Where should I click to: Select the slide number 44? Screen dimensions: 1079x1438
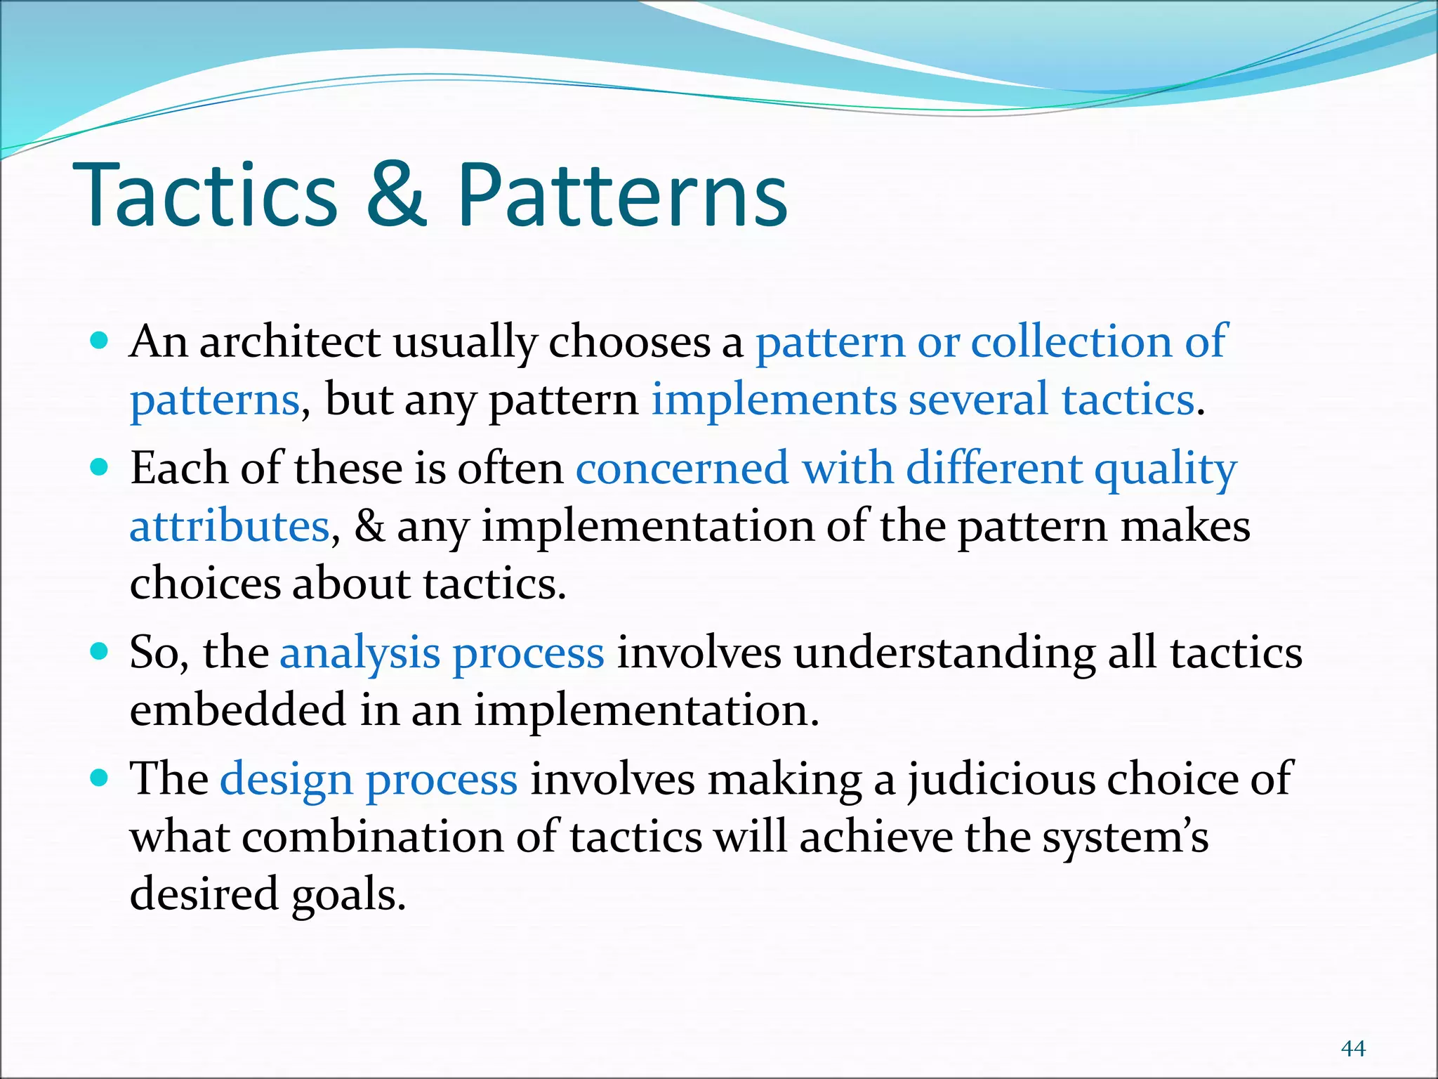tap(1353, 1048)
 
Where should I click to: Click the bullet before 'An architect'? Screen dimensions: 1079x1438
tap(100, 341)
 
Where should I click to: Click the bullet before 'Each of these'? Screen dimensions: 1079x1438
tap(100, 468)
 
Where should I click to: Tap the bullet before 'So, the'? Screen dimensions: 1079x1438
tap(100, 652)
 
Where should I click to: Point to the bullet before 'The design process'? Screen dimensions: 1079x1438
tap(100, 778)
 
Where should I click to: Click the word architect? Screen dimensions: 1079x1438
tap(290, 342)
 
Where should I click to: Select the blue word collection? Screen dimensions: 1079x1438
tap(1071, 342)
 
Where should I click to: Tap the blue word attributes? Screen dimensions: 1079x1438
tap(230, 526)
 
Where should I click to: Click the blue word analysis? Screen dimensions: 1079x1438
tap(359, 653)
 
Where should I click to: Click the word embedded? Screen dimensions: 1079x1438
tap(238, 709)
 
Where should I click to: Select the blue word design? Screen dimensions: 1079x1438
tap(286, 780)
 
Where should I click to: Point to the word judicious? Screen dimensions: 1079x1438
tap(1000, 780)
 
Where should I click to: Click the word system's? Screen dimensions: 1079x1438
tap(1125, 837)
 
